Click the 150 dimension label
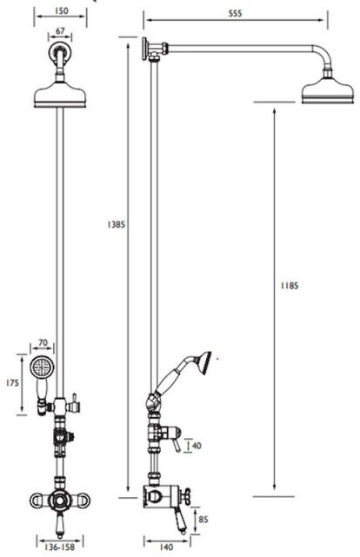62,10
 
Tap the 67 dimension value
60,31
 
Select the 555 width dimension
235,14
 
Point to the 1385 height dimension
117,224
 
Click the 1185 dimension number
290,285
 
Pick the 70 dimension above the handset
43,342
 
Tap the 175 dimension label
12,383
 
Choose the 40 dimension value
197,446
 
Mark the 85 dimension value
203,520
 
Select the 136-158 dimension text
59,547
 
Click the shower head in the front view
60,94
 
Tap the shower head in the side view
328,91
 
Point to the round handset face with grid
41,366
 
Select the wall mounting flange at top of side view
145,49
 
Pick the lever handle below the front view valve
60,526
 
